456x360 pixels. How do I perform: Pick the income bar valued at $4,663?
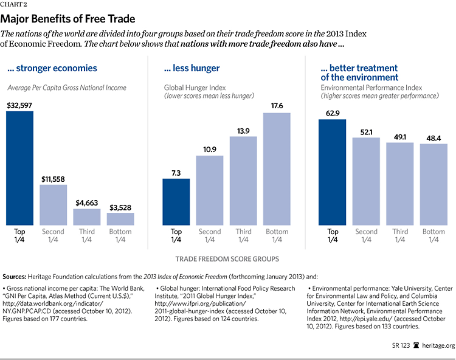point(87,218)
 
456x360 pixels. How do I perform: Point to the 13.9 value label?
point(243,131)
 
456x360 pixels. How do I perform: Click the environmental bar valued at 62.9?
point(333,173)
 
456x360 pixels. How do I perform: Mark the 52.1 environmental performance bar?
point(367,182)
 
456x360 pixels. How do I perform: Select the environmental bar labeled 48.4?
point(434,185)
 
